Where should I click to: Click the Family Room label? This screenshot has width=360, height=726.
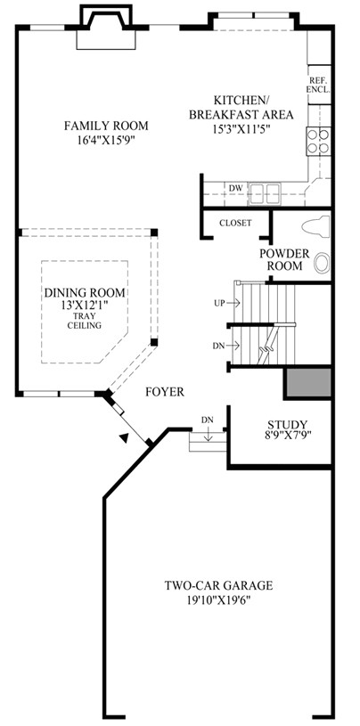(105, 126)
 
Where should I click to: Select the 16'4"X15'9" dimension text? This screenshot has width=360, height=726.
(105, 139)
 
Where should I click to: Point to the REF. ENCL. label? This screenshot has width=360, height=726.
(319, 85)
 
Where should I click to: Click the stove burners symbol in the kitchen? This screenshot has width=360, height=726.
(318, 140)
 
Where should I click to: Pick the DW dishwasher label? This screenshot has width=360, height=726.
(235, 188)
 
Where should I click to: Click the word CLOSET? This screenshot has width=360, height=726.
(234, 223)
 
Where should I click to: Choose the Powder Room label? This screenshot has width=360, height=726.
(283, 258)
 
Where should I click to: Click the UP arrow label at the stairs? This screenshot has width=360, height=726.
(218, 303)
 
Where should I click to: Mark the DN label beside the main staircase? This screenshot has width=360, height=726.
(218, 345)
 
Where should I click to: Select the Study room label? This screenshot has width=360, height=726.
(287, 423)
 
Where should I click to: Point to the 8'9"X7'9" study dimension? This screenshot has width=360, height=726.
(287, 436)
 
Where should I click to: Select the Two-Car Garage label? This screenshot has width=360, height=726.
(217, 585)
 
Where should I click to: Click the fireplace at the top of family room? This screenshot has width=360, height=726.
(105, 27)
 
